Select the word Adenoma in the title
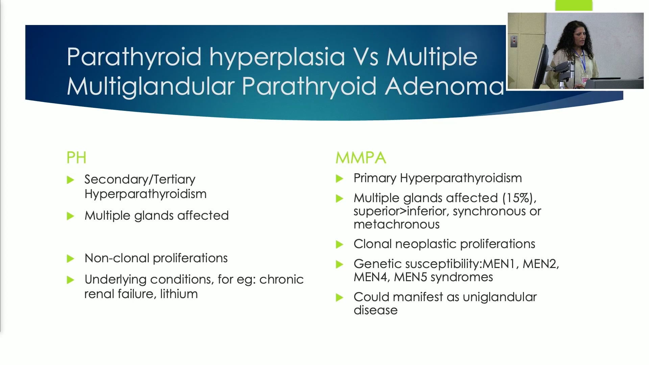coord(444,86)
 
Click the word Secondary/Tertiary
coord(140,179)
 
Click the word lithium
coord(179,294)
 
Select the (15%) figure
coord(519,198)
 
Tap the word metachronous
coord(396,224)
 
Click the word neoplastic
coord(426,244)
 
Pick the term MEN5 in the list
coord(410,277)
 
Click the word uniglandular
coord(500,297)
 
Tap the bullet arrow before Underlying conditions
coord(70,280)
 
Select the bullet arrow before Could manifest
coord(339,298)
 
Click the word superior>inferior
coord(401,211)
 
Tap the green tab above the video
coord(574,5)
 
